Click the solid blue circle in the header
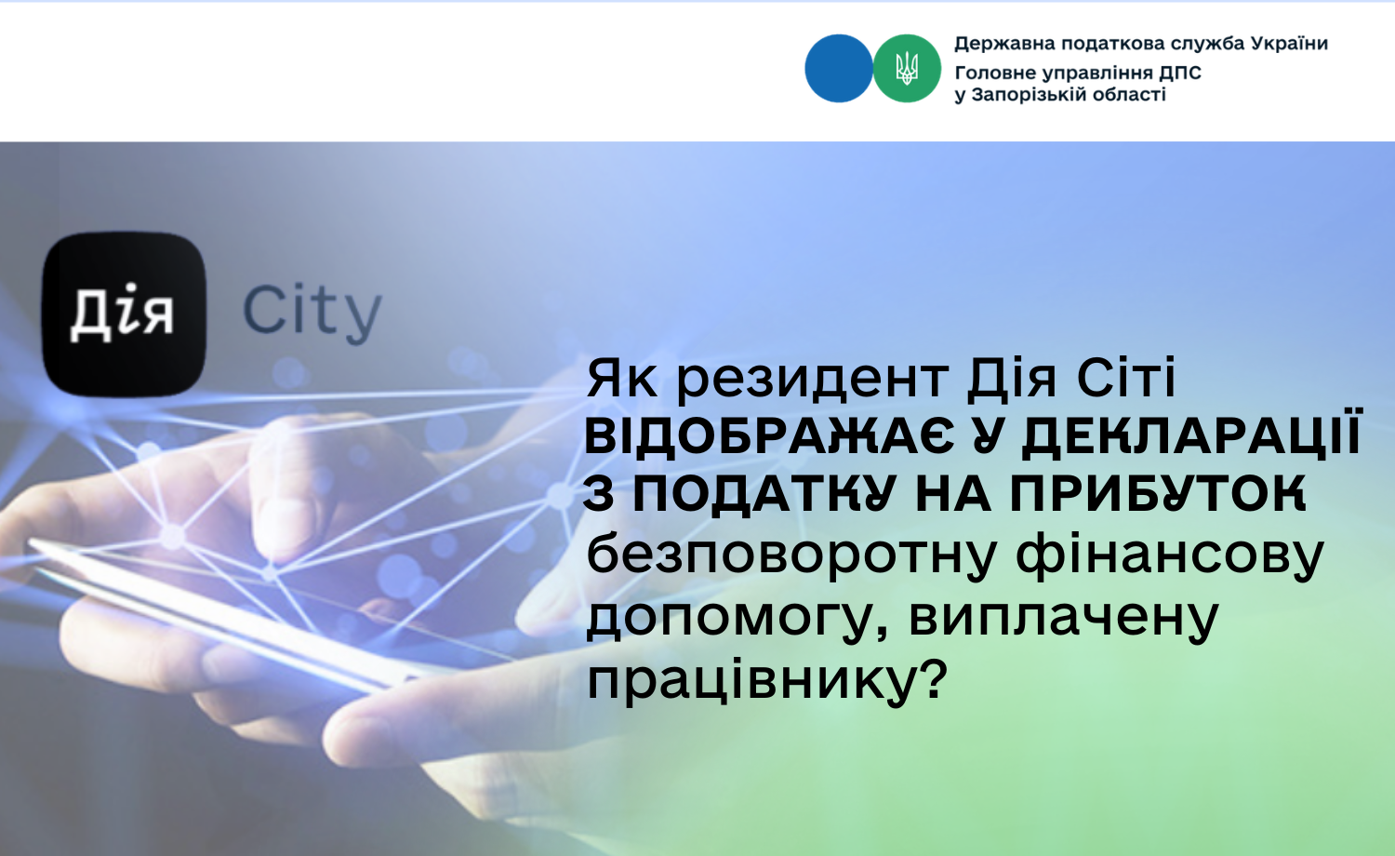click(x=838, y=68)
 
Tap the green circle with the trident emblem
click(x=907, y=68)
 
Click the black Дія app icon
click(x=124, y=314)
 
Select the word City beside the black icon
click(x=312, y=313)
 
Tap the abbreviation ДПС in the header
click(x=1180, y=74)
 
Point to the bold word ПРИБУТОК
click(x=1158, y=494)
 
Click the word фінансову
click(x=1170, y=556)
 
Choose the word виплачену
click(x=1064, y=620)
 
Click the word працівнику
click(x=752, y=681)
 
